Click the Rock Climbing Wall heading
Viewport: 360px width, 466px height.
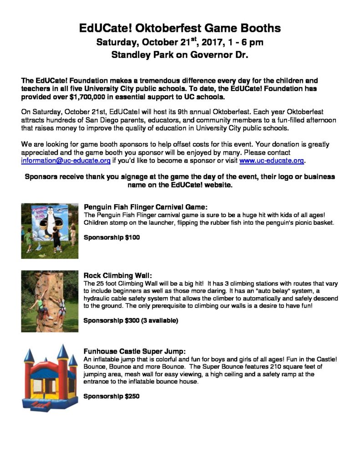pyautogui.click(x=115, y=275)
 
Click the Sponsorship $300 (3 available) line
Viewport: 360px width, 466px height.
pyautogui.click(x=131, y=320)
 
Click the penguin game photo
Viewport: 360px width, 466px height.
pyautogui.click(x=50, y=231)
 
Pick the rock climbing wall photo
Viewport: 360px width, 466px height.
pyautogui.click(x=50, y=301)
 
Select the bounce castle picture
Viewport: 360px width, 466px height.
pyautogui.click(x=50, y=378)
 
